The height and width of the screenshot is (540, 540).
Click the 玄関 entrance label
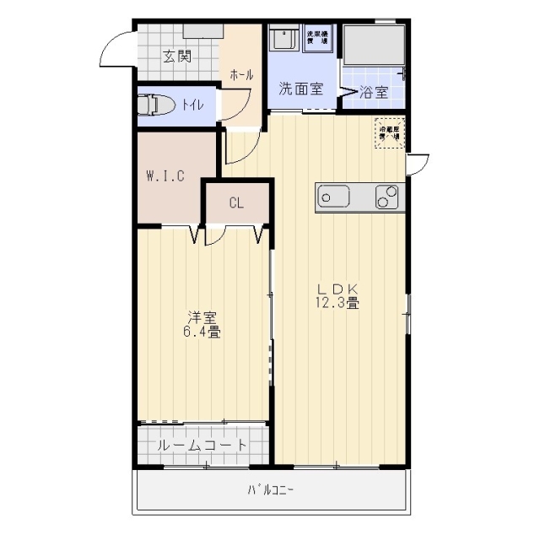pyautogui.click(x=177, y=57)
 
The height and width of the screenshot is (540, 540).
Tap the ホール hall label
pyautogui.click(x=241, y=75)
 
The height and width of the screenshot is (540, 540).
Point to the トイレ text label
pyautogui.click(x=192, y=105)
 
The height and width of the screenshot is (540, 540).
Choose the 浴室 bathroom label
pyautogui.click(x=374, y=92)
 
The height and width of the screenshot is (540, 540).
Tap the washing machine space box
pyautogui.click(x=318, y=39)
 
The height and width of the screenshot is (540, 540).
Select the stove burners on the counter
pyautogui.click(x=387, y=197)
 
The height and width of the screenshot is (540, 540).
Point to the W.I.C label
pyautogui.click(x=165, y=176)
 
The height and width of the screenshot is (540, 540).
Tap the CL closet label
pyautogui.click(x=236, y=202)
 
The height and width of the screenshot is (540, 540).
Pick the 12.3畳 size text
pyautogui.click(x=337, y=303)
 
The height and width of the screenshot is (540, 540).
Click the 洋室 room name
pyautogui.click(x=202, y=318)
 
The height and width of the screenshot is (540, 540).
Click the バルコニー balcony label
pyautogui.click(x=271, y=490)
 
